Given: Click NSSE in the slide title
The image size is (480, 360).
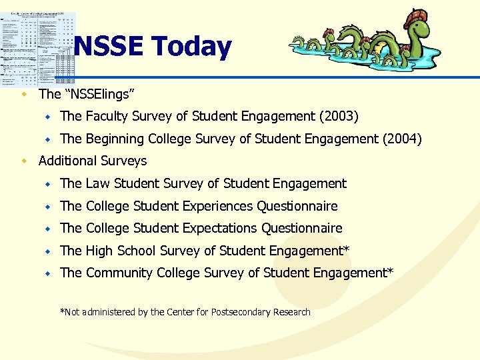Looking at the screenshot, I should pos(109,47).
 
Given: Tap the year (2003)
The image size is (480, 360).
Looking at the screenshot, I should pos(339,117).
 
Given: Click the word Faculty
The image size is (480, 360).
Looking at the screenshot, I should pos(106,117).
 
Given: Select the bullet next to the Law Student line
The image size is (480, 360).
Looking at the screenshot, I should pos(48,183).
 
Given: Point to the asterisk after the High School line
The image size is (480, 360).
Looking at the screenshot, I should pos(347,249).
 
